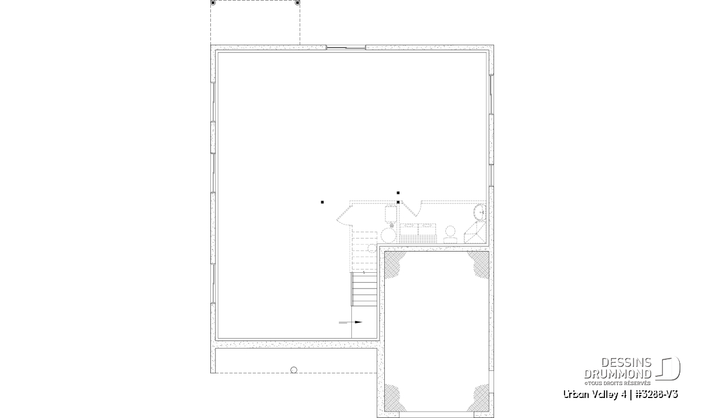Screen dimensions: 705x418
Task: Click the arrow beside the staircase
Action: point(350,322)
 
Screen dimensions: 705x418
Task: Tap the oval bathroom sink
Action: point(480,212)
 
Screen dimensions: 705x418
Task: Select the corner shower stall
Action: point(475,232)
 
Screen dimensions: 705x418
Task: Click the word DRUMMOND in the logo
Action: point(617,374)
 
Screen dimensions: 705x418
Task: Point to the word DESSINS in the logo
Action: point(626,363)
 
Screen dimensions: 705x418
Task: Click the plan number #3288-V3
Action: point(657,394)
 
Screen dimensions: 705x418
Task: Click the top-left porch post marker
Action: point(213,3)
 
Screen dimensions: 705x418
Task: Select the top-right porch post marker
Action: point(297,3)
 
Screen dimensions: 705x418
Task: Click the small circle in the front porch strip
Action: point(294,370)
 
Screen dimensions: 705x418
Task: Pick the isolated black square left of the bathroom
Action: point(323,202)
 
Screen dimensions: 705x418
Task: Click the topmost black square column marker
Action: point(398,193)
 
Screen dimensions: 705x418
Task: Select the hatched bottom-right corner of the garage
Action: point(479,399)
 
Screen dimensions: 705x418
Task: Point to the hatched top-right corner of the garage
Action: point(479,263)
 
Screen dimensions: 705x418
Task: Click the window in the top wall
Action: point(345,48)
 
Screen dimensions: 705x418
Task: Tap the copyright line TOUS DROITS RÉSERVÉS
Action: point(617,383)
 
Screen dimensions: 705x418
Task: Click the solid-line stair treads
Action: point(364,289)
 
